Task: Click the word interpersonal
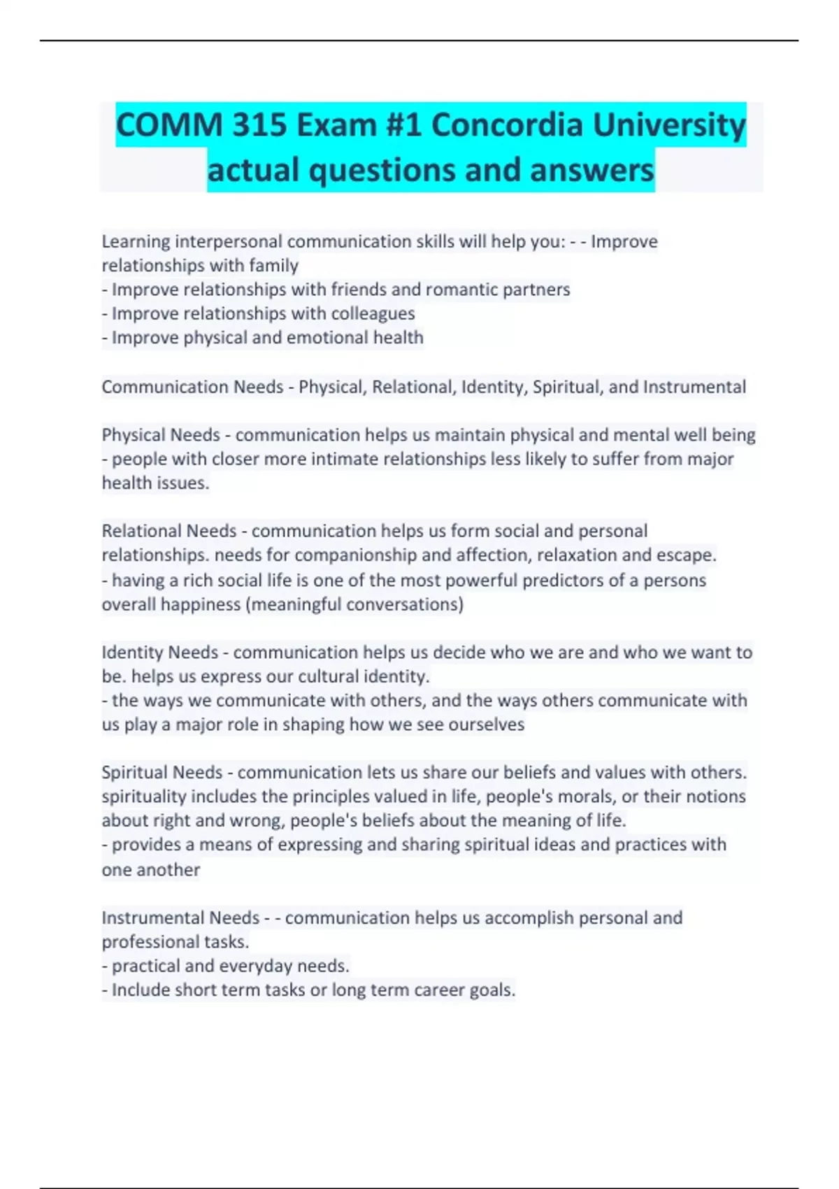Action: [229, 241]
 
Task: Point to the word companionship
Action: [356, 555]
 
